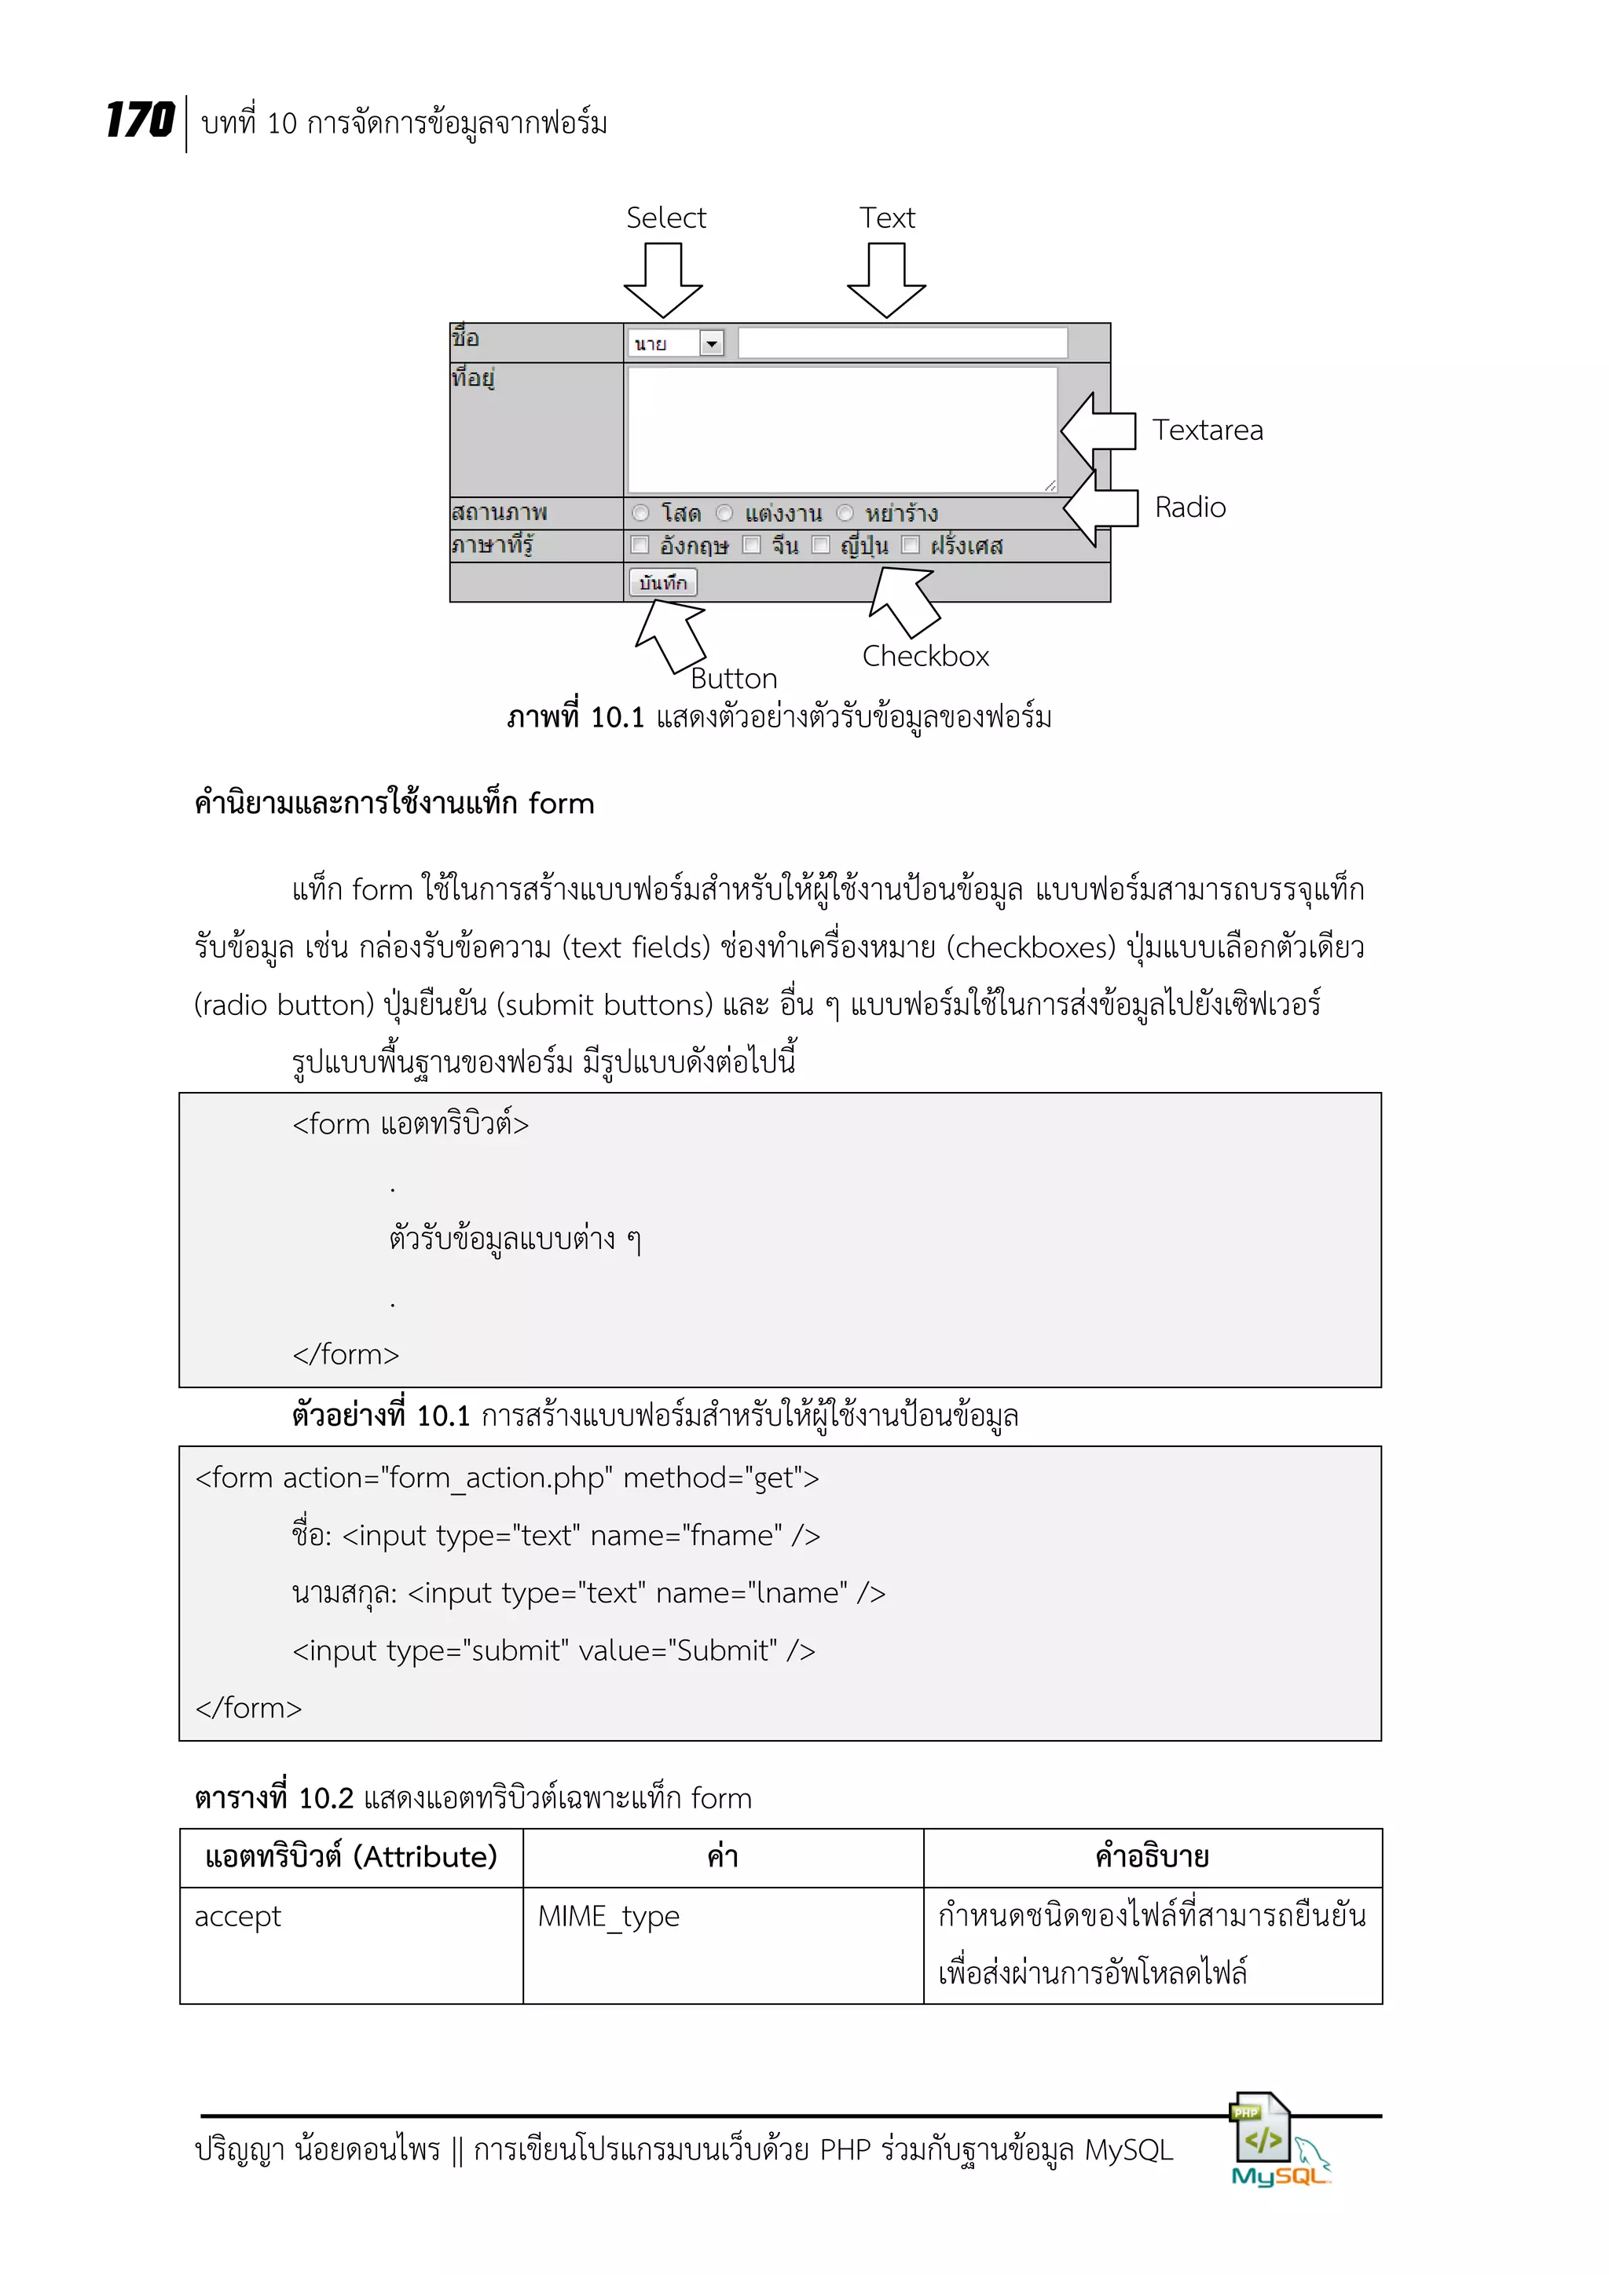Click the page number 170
pos(140,121)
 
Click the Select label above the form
pos(665,217)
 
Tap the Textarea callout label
pos(1207,430)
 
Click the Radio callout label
pos(1190,507)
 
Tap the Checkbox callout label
pos(925,656)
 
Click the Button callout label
pos(733,679)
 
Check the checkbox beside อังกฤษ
pos(640,545)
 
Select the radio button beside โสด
pos(641,513)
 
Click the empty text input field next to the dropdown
pos(902,343)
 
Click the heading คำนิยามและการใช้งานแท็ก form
pos(394,803)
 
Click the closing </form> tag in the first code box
pos(345,1354)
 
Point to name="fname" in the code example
pos(686,1535)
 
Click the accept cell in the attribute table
pos(238,1916)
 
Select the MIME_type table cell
pos(608,1916)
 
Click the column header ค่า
pos(722,1857)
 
